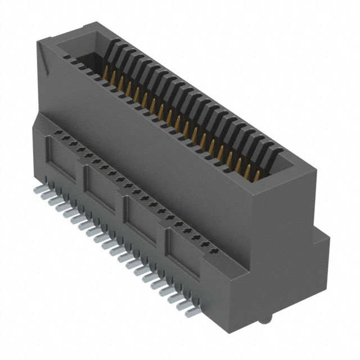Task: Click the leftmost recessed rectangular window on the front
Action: [x=64, y=163]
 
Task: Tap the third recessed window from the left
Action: [x=143, y=217]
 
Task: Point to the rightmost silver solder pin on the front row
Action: [x=192, y=309]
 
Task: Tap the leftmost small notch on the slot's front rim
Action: [x=66, y=57]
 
